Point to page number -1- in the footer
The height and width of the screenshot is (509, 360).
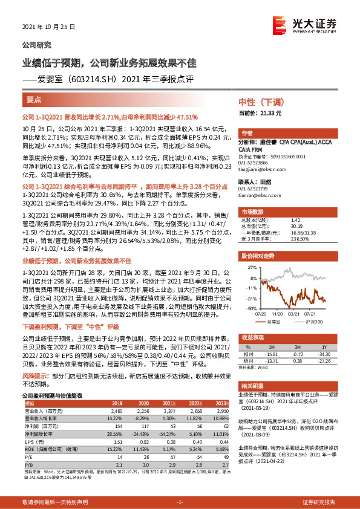(179, 502)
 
